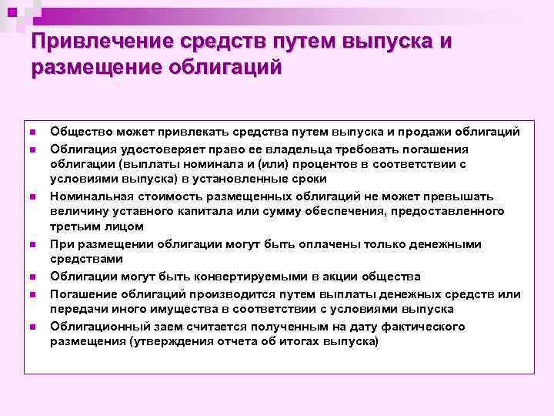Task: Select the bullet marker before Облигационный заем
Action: click(33, 327)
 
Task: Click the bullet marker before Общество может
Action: click(33, 133)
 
